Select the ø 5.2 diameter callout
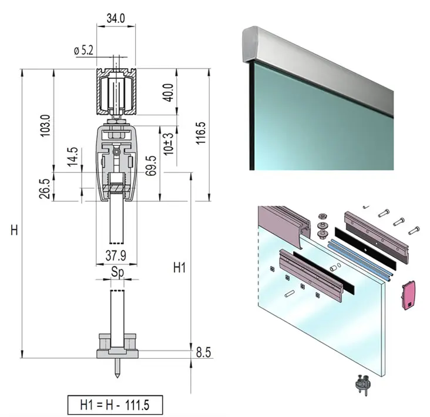coord(83,51)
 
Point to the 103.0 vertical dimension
coord(46,125)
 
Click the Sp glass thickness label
coord(117,272)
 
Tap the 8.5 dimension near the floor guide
coord(203,353)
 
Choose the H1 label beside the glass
coord(180,268)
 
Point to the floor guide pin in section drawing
coord(117,368)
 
